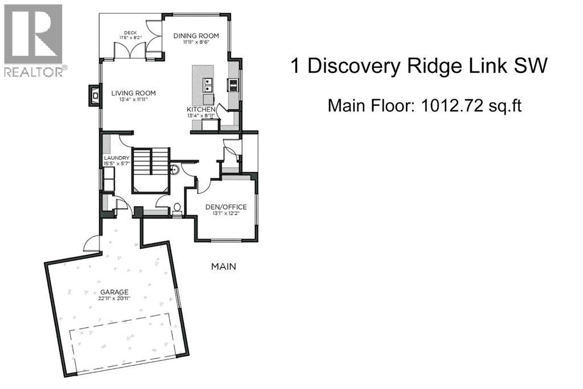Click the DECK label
[x=130, y=33]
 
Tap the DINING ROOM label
[x=196, y=35]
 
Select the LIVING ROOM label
[x=133, y=93]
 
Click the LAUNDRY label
[x=117, y=158]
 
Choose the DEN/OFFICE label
[x=226, y=206]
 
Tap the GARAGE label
[x=115, y=292]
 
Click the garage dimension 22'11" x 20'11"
[x=115, y=299]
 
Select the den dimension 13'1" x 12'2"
[x=226, y=213]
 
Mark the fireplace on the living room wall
[x=93, y=96]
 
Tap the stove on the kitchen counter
[x=233, y=85]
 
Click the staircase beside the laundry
[x=151, y=165]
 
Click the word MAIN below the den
[x=223, y=266]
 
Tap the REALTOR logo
[x=34, y=40]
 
